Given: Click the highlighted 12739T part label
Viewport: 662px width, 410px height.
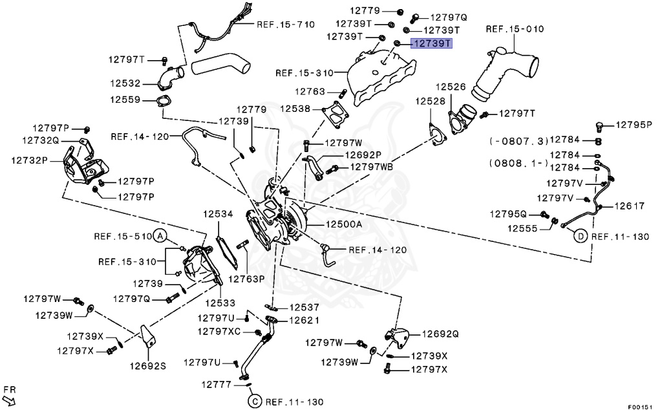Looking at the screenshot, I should coord(432,43).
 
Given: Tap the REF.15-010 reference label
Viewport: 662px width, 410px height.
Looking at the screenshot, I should coord(515,29).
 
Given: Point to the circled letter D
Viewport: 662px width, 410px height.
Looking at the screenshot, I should coord(580,237).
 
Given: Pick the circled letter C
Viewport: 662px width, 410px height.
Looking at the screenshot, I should coord(254,402).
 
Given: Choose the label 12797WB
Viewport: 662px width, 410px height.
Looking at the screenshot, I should coord(371,167).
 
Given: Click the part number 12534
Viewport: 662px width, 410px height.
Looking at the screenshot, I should coord(218,213).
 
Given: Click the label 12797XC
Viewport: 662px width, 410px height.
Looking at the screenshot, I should coord(219,331).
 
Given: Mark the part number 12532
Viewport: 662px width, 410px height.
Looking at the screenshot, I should coord(125,83).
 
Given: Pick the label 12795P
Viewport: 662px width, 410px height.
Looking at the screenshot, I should coord(634,124).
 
